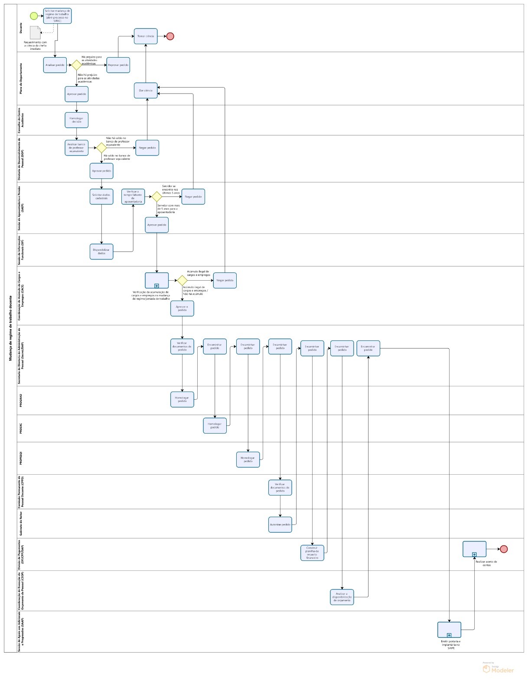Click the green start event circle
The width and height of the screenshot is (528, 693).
(34, 16)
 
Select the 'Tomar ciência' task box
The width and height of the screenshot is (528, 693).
(146, 36)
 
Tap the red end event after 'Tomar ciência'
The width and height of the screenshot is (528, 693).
(170, 36)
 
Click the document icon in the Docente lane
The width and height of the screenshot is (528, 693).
(35, 32)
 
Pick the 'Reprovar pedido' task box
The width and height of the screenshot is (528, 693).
(118, 65)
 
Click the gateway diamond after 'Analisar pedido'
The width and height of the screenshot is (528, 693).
(76, 65)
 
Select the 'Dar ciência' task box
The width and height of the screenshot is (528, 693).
(146, 91)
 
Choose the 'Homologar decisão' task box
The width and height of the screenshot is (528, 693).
(76, 120)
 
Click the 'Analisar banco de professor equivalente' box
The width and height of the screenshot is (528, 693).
(76, 148)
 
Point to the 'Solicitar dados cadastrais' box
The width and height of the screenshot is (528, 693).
(101, 197)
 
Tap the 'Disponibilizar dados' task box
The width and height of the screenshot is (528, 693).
(101, 252)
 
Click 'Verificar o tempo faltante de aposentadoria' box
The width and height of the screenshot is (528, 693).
(133, 197)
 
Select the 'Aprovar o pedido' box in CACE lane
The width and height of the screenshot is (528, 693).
(182, 308)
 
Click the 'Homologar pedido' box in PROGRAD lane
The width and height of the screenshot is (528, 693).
(182, 399)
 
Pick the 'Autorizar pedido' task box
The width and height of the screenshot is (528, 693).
(280, 525)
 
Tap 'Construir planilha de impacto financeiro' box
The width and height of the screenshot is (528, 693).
(312, 553)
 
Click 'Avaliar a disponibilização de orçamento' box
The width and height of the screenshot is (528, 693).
(342, 597)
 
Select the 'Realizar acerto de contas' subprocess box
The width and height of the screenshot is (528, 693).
(474, 549)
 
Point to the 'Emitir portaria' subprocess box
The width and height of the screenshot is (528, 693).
(449, 630)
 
